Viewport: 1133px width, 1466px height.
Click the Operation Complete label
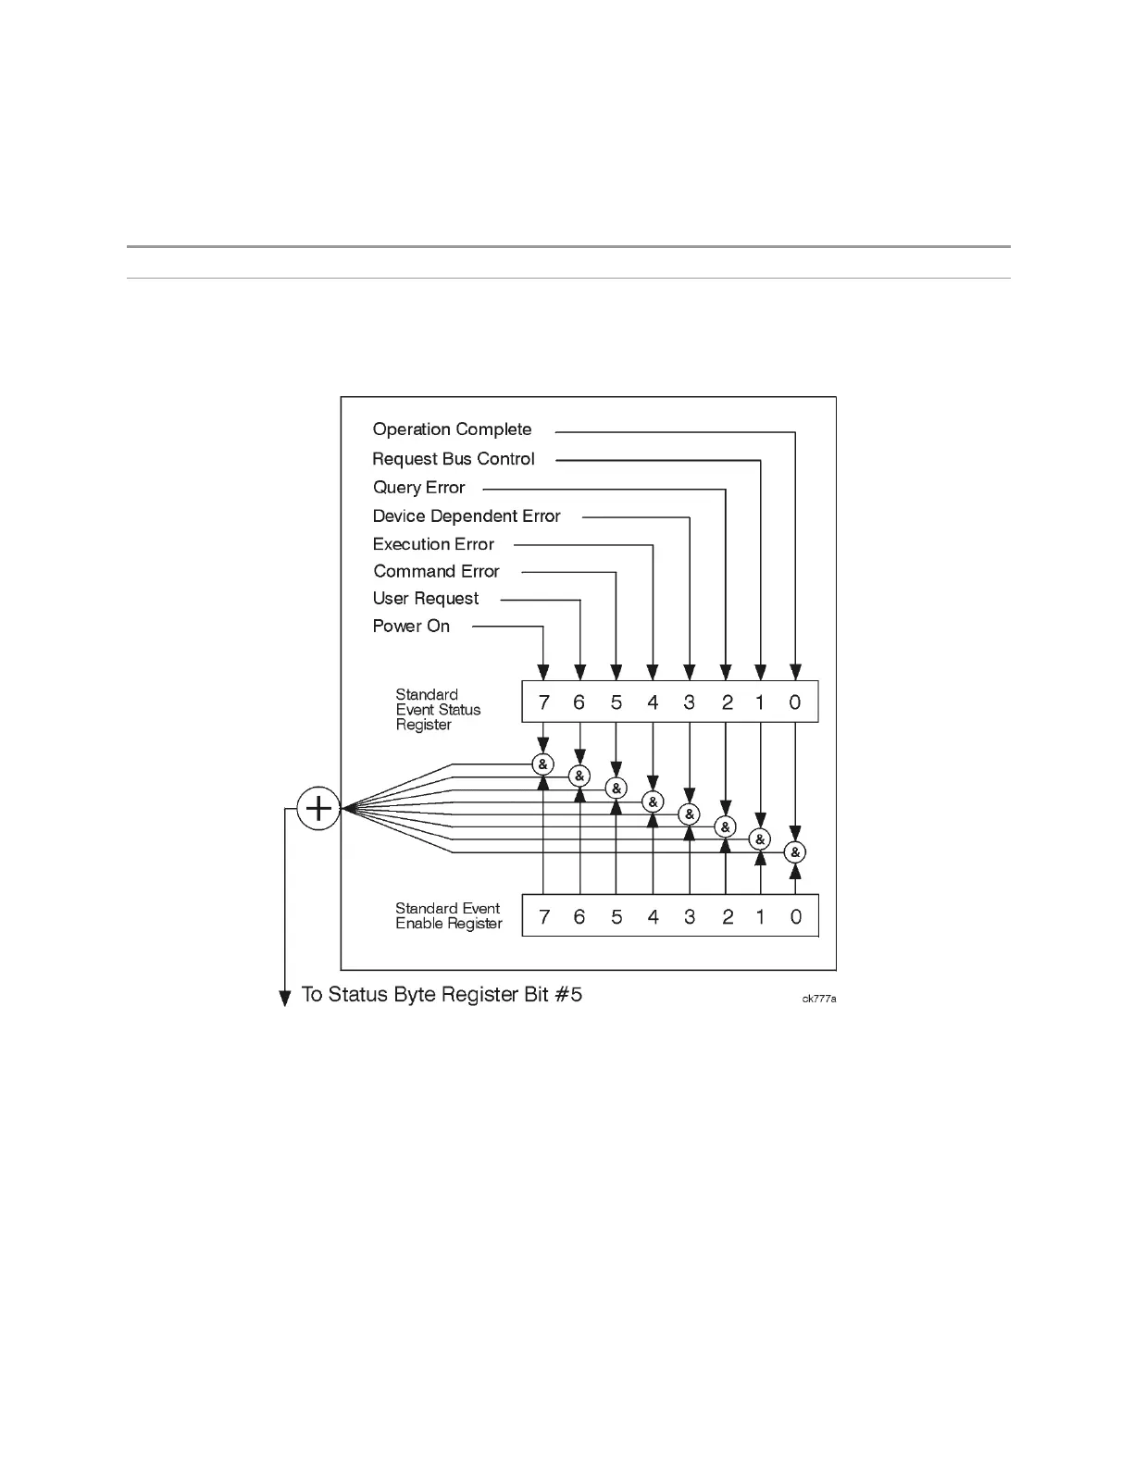pos(452,429)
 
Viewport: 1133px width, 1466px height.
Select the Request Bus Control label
pos(453,459)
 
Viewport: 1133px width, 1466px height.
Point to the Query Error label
pos(418,488)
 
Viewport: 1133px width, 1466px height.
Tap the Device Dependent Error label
pos(467,516)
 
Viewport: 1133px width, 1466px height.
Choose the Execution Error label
pos(433,544)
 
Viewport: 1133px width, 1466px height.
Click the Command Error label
pos(436,572)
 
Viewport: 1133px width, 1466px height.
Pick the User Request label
pos(426,599)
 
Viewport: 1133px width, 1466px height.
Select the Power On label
pos(411,627)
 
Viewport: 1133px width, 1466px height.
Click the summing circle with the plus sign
pos(318,809)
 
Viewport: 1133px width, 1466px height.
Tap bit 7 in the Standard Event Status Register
pos(543,702)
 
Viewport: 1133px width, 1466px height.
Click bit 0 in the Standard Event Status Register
pos(795,702)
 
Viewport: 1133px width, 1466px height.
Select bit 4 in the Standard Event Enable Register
pos(653,917)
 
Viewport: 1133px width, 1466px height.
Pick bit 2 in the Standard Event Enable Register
pos(728,917)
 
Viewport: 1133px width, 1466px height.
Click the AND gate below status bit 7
pos(543,764)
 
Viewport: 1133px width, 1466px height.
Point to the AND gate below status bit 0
pos(795,852)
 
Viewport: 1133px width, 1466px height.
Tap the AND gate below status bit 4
pos(653,801)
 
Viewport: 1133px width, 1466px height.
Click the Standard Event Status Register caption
pos(438,710)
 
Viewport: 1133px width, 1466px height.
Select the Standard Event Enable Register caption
pos(449,916)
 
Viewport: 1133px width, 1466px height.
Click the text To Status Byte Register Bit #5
pos(442,995)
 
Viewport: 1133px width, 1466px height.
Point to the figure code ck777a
pos(819,1000)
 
